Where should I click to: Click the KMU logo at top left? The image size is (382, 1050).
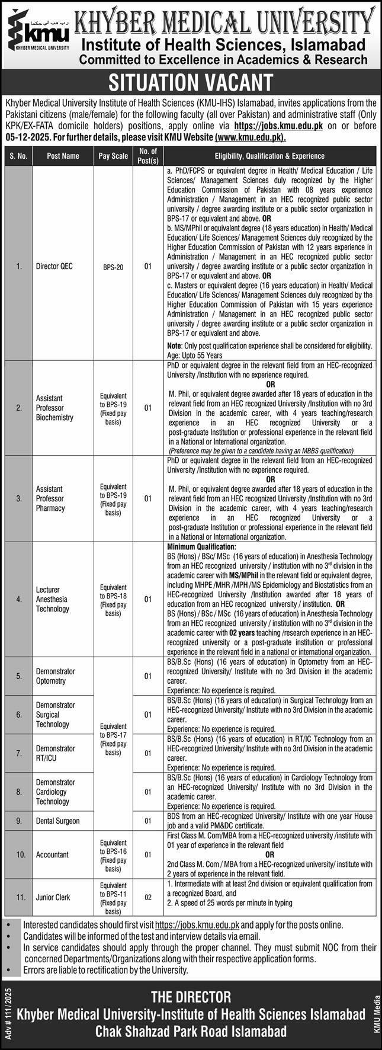37,33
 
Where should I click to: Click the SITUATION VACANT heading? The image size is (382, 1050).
191,82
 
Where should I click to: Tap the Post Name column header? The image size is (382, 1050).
63,156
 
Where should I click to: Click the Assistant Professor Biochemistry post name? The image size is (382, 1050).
53,408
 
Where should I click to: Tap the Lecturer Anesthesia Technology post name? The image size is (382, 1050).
52,599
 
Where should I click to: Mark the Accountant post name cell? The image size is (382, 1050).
52,854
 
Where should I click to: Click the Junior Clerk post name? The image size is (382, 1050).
54,897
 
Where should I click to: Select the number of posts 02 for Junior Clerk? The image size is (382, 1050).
147,898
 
